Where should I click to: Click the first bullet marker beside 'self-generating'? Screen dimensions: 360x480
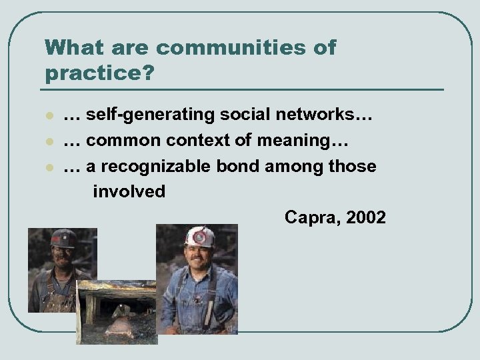pos(49,117)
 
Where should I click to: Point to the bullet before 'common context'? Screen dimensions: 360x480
pos(49,142)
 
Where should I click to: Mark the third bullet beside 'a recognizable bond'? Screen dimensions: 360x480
pos(49,167)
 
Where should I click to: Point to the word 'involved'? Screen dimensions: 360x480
pos(129,191)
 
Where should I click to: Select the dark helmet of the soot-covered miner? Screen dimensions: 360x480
pos(63,238)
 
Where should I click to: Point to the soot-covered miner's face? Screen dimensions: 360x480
pos(63,257)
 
